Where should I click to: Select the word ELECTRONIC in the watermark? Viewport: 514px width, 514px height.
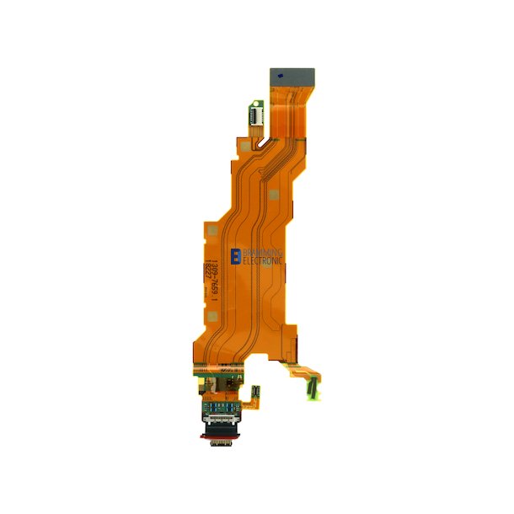[x=263, y=261]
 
